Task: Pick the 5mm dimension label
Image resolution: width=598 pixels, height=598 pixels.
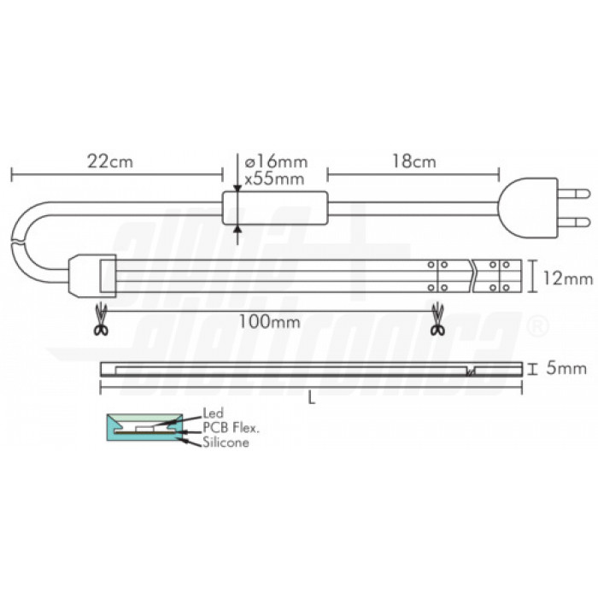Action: [x=564, y=369]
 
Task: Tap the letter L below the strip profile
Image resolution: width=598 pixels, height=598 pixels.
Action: [x=311, y=402]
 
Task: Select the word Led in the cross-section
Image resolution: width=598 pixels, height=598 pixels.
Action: [x=213, y=413]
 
